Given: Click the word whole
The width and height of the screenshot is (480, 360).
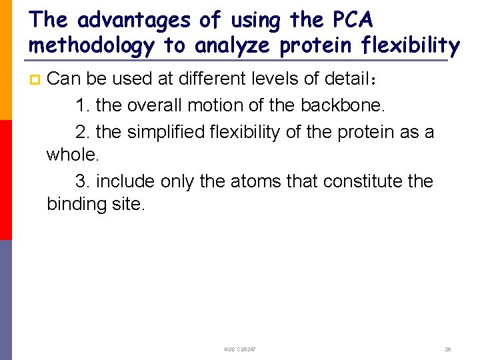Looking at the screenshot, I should pos(72,155).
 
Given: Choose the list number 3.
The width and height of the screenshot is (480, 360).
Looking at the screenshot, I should pos(82,181).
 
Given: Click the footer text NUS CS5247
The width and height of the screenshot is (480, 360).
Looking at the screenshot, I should pos(241,349).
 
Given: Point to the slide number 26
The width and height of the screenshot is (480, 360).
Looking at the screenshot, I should pos(448,349).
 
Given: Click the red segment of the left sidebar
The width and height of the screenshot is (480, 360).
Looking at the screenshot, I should pos(6,180).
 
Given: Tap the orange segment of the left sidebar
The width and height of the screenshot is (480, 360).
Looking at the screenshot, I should pos(6,60).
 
